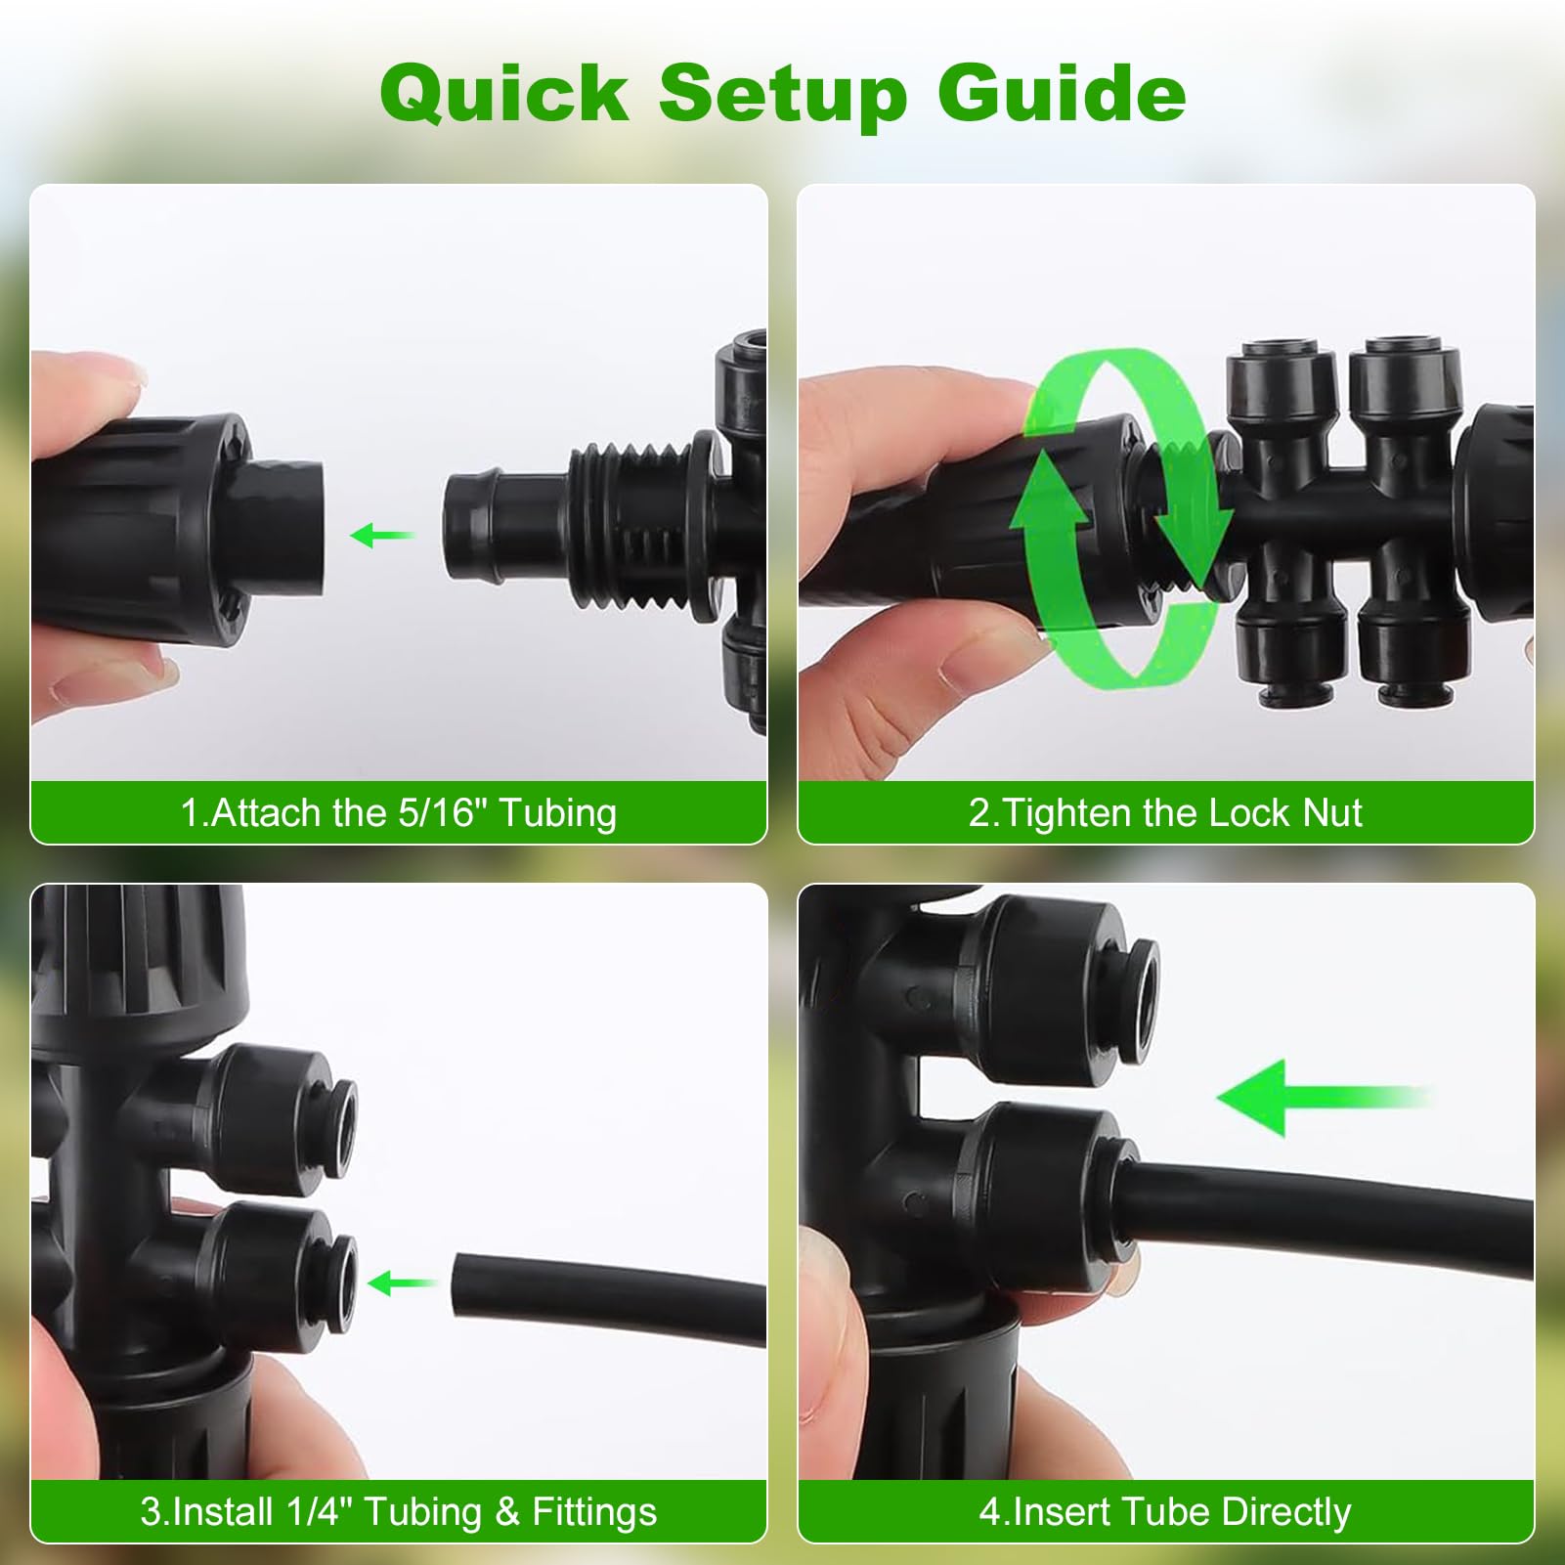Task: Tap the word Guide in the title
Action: click(1062, 93)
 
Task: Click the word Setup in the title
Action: click(782, 95)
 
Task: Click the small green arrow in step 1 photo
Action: click(382, 535)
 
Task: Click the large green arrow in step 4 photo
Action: click(1325, 1098)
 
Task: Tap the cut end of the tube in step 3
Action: click(463, 1282)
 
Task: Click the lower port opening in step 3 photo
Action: click(342, 1282)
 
